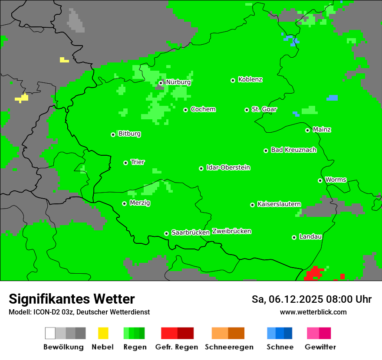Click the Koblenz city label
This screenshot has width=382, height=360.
(250, 80)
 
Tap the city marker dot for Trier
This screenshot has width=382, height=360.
(125, 163)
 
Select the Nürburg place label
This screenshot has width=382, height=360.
(178, 82)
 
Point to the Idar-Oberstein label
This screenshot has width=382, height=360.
(228, 168)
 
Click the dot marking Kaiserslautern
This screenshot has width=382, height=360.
(252, 205)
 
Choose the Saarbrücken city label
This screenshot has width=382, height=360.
(191, 232)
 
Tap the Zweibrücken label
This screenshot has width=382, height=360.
(231, 231)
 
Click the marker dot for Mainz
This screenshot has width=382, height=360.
(307, 130)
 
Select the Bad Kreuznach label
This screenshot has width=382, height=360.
(293, 150)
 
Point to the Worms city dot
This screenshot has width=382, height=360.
(320, 180)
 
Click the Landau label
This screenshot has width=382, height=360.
(310, 237)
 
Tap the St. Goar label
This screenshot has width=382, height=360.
(264, 109)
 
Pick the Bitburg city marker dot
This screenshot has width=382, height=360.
(113, 134)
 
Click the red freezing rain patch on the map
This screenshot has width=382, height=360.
(314, 274)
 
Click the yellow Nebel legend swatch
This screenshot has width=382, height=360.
(103, 333)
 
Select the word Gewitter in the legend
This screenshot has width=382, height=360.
(320, 347)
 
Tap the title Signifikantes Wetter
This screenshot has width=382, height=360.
(72, 299)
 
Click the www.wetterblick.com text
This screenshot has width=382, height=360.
(313, 312)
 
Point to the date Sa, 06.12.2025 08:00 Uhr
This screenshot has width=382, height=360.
(311, 299)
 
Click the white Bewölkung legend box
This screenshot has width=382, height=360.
(50, 333)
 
